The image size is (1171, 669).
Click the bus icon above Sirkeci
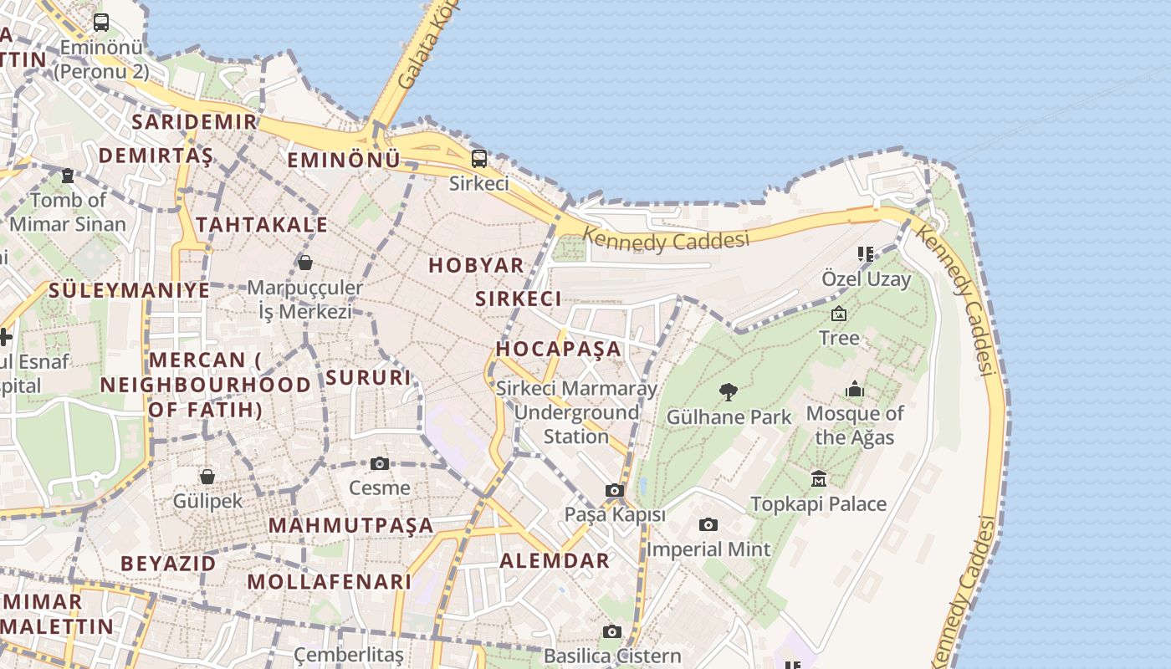tap(479, 158)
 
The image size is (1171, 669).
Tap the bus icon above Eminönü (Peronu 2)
tap(101, 23)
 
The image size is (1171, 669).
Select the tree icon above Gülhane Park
tap(729, 391)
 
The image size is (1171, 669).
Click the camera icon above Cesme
tap(380, 463)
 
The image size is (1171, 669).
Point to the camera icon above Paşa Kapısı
tap(615, 490)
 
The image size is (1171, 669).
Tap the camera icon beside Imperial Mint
tap(708, 524)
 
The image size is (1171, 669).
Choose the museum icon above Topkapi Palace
tap(819, 478)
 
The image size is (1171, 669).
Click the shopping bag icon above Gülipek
tap(207, 477)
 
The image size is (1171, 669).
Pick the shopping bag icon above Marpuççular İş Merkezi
tap(305, 263)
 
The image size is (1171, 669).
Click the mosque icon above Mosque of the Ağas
tap(854, 389)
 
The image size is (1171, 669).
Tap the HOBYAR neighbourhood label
tap(476, 265)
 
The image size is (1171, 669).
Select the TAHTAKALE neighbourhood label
tap(262, 224)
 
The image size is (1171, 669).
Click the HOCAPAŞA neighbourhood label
tap(559, 348)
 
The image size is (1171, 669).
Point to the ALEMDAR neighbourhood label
tap(555, 561)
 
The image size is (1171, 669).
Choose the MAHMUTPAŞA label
tap(351, 525)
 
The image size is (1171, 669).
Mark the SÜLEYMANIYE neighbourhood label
tap(130, 290)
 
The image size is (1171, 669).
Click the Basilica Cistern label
tap(612, 656)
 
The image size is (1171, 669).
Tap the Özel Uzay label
tap(866, 278)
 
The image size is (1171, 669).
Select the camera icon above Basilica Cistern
tap(613, 631)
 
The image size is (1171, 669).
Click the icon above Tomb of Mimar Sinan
tap(68, 176)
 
